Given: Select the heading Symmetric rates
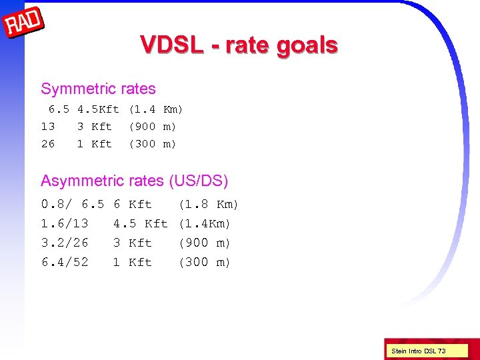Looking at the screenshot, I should click(98, 89).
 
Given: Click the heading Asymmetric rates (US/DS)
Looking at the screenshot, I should click(134, 181).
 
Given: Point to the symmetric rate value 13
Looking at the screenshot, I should click(48, 127).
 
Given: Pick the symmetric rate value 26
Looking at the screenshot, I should click(48, 144).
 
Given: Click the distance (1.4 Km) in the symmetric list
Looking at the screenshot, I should click(155, 109).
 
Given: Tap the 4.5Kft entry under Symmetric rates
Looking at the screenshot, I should click(98, 109).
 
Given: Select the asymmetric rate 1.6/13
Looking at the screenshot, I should click(65, 224).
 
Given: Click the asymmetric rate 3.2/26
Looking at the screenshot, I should click(65, 243).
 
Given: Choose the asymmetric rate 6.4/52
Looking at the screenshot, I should click(65, 263).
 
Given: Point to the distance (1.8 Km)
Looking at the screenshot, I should click(208, 205).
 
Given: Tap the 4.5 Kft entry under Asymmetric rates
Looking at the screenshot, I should click(140, 224).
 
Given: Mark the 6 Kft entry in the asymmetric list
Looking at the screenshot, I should click(132, 205).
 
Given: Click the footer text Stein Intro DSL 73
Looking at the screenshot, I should click(419, 351).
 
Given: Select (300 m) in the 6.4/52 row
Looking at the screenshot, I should click(204, 263).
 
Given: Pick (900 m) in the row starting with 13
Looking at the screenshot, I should click(152, 127).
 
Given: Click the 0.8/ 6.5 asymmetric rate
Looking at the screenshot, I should click(73, 205).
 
